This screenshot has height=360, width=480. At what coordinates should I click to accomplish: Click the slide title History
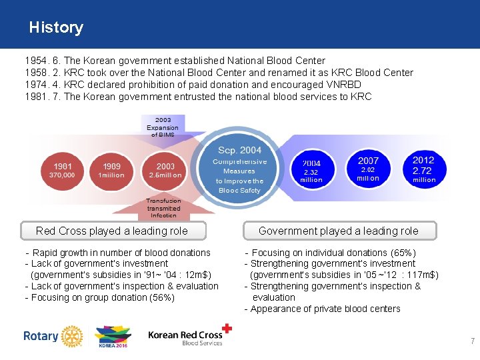click(x=56, y=28)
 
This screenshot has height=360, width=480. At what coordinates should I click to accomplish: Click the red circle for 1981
click(x=62, y=169)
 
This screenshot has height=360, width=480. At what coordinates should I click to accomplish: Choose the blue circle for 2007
click(x=368, y=169)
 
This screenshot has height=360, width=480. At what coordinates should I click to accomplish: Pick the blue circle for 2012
click(x=424, y=169)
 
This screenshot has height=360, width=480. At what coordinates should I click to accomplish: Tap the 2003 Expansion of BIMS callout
click(x=163, y=127)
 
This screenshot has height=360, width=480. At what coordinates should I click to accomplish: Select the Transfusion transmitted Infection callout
click(x=163, y=207)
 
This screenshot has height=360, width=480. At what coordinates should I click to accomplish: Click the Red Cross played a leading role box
click(x=112, y=231)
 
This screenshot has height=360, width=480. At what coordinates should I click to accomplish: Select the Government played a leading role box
click(x=339, y=231)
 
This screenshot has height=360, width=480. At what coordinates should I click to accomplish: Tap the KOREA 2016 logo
click(x=113, y=337)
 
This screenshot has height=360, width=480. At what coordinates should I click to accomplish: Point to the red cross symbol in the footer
click(x=227, y=328)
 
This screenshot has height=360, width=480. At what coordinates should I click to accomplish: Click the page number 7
click(x=473, y=341)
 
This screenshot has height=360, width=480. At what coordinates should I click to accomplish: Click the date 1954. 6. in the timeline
click(x=41, y=61)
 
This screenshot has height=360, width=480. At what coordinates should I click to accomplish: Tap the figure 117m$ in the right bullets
click(x=421, y=275)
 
